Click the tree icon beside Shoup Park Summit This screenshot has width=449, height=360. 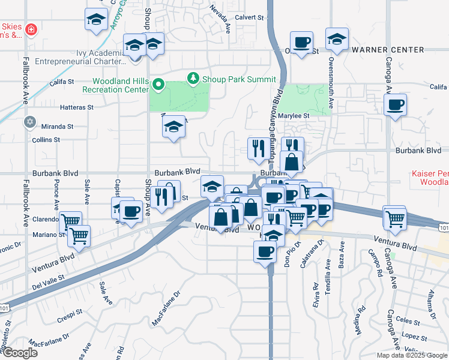193,79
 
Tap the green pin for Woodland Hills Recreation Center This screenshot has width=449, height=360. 158,84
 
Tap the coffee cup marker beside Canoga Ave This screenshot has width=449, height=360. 395,106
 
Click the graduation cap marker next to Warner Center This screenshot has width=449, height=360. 337,40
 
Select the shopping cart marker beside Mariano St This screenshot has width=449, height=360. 79,236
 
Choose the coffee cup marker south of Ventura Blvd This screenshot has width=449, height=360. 264,251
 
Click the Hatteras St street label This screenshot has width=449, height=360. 77,107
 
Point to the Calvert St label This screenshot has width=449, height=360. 250,18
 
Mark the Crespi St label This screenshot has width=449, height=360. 70,313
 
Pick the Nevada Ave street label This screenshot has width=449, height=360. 220,18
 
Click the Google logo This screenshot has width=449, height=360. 20,353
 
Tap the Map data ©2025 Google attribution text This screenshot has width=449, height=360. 412,355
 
